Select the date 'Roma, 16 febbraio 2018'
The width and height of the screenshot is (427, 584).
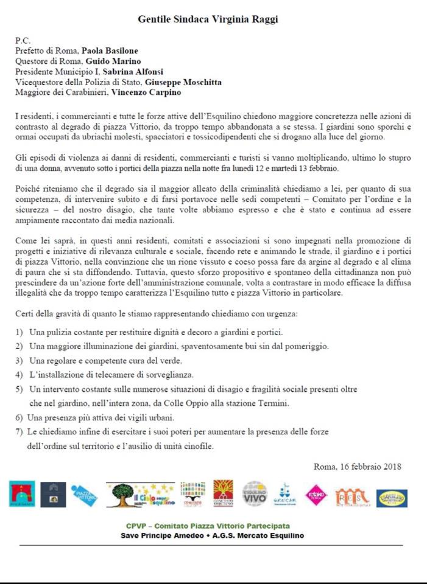pos(357,467)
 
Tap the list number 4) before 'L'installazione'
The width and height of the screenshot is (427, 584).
pos(19,374)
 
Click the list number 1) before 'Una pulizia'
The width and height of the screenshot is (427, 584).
pos(19,333)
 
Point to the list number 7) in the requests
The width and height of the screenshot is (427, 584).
pos(19,431)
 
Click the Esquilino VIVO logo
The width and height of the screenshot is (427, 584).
pos(255,494)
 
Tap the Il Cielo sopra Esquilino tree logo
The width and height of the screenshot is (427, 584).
pos(141,494)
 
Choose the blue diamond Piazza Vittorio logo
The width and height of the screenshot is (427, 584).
pos(84,494)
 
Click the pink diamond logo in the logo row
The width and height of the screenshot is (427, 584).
pos(316,494)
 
